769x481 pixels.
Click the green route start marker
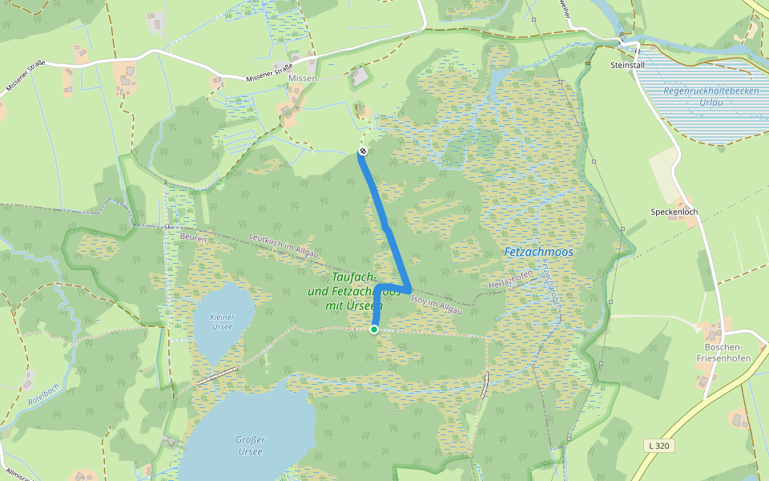(374, 329)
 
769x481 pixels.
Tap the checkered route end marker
(363, 151)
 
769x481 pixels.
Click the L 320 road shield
(660, 445)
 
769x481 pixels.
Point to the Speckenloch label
(674, 212)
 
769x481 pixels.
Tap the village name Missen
(303, 78)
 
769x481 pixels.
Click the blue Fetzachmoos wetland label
(538, 252)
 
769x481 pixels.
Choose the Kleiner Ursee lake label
(222, 321)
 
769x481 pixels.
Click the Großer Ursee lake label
(250, 445)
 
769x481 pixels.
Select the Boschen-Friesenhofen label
(723, 353)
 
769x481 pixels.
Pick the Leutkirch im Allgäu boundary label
(284, 245)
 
